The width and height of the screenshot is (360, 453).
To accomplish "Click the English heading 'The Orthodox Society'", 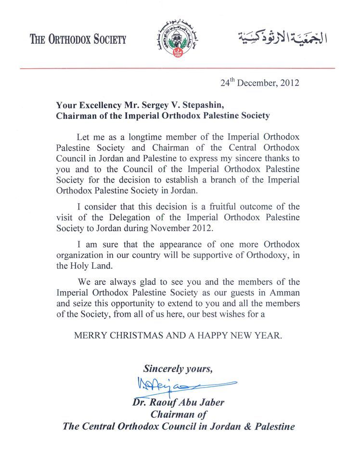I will [78, 39].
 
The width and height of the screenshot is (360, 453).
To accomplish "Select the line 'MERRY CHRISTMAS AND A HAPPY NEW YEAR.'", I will [178, 336].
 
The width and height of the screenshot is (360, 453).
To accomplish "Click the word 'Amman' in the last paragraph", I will [286, 293].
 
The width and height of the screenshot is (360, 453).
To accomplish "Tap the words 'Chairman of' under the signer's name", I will [179, 414].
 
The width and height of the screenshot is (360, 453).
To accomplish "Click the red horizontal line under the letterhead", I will [178, 68].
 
